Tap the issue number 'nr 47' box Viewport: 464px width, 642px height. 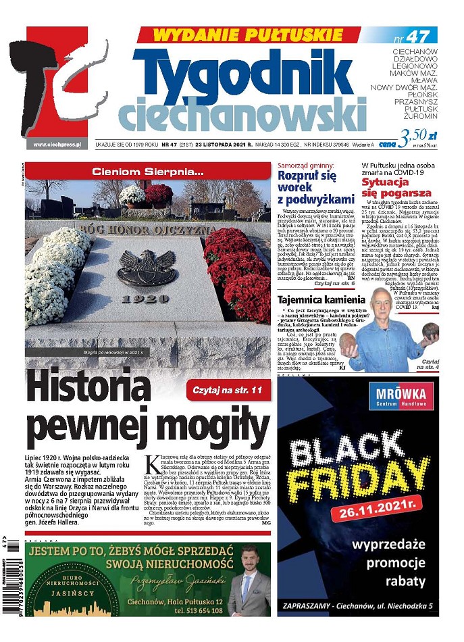(413, 35)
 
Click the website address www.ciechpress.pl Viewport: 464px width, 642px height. (57, 144)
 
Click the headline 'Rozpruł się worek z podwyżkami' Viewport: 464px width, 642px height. (316, 187)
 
